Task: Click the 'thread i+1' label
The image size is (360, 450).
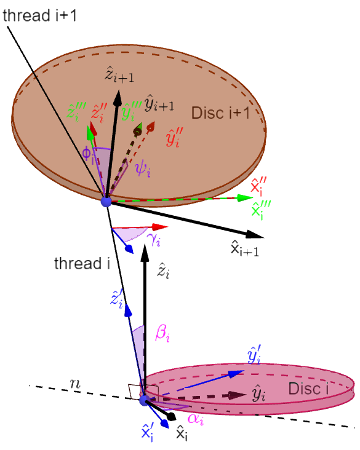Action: click(39, 15)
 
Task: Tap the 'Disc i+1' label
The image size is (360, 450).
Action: click(220, 112)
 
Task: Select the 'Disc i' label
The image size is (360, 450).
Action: click(308, 389)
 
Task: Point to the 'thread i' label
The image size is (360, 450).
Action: click(82, 263)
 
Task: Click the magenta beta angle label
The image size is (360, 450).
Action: click(162, 334)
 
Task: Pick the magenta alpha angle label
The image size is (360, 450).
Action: click(196, 419)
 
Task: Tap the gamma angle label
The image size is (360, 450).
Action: click(153, 240)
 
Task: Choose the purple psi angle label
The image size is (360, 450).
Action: click(143, 169)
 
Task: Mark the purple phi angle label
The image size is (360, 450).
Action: click(88, 154)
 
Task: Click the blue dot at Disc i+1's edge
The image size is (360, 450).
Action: click(106, 202)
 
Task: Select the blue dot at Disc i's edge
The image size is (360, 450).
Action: click(144, 400)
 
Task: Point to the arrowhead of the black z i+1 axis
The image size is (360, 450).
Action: click(118, 98)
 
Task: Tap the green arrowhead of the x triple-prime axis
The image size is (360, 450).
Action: click(245, 197)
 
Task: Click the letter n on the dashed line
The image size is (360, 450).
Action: click(75, 384)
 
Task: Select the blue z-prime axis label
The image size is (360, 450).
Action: click(117, 299)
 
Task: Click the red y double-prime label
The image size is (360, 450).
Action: click(174, 137)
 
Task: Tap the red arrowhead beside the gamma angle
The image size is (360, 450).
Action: click(160, 227)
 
